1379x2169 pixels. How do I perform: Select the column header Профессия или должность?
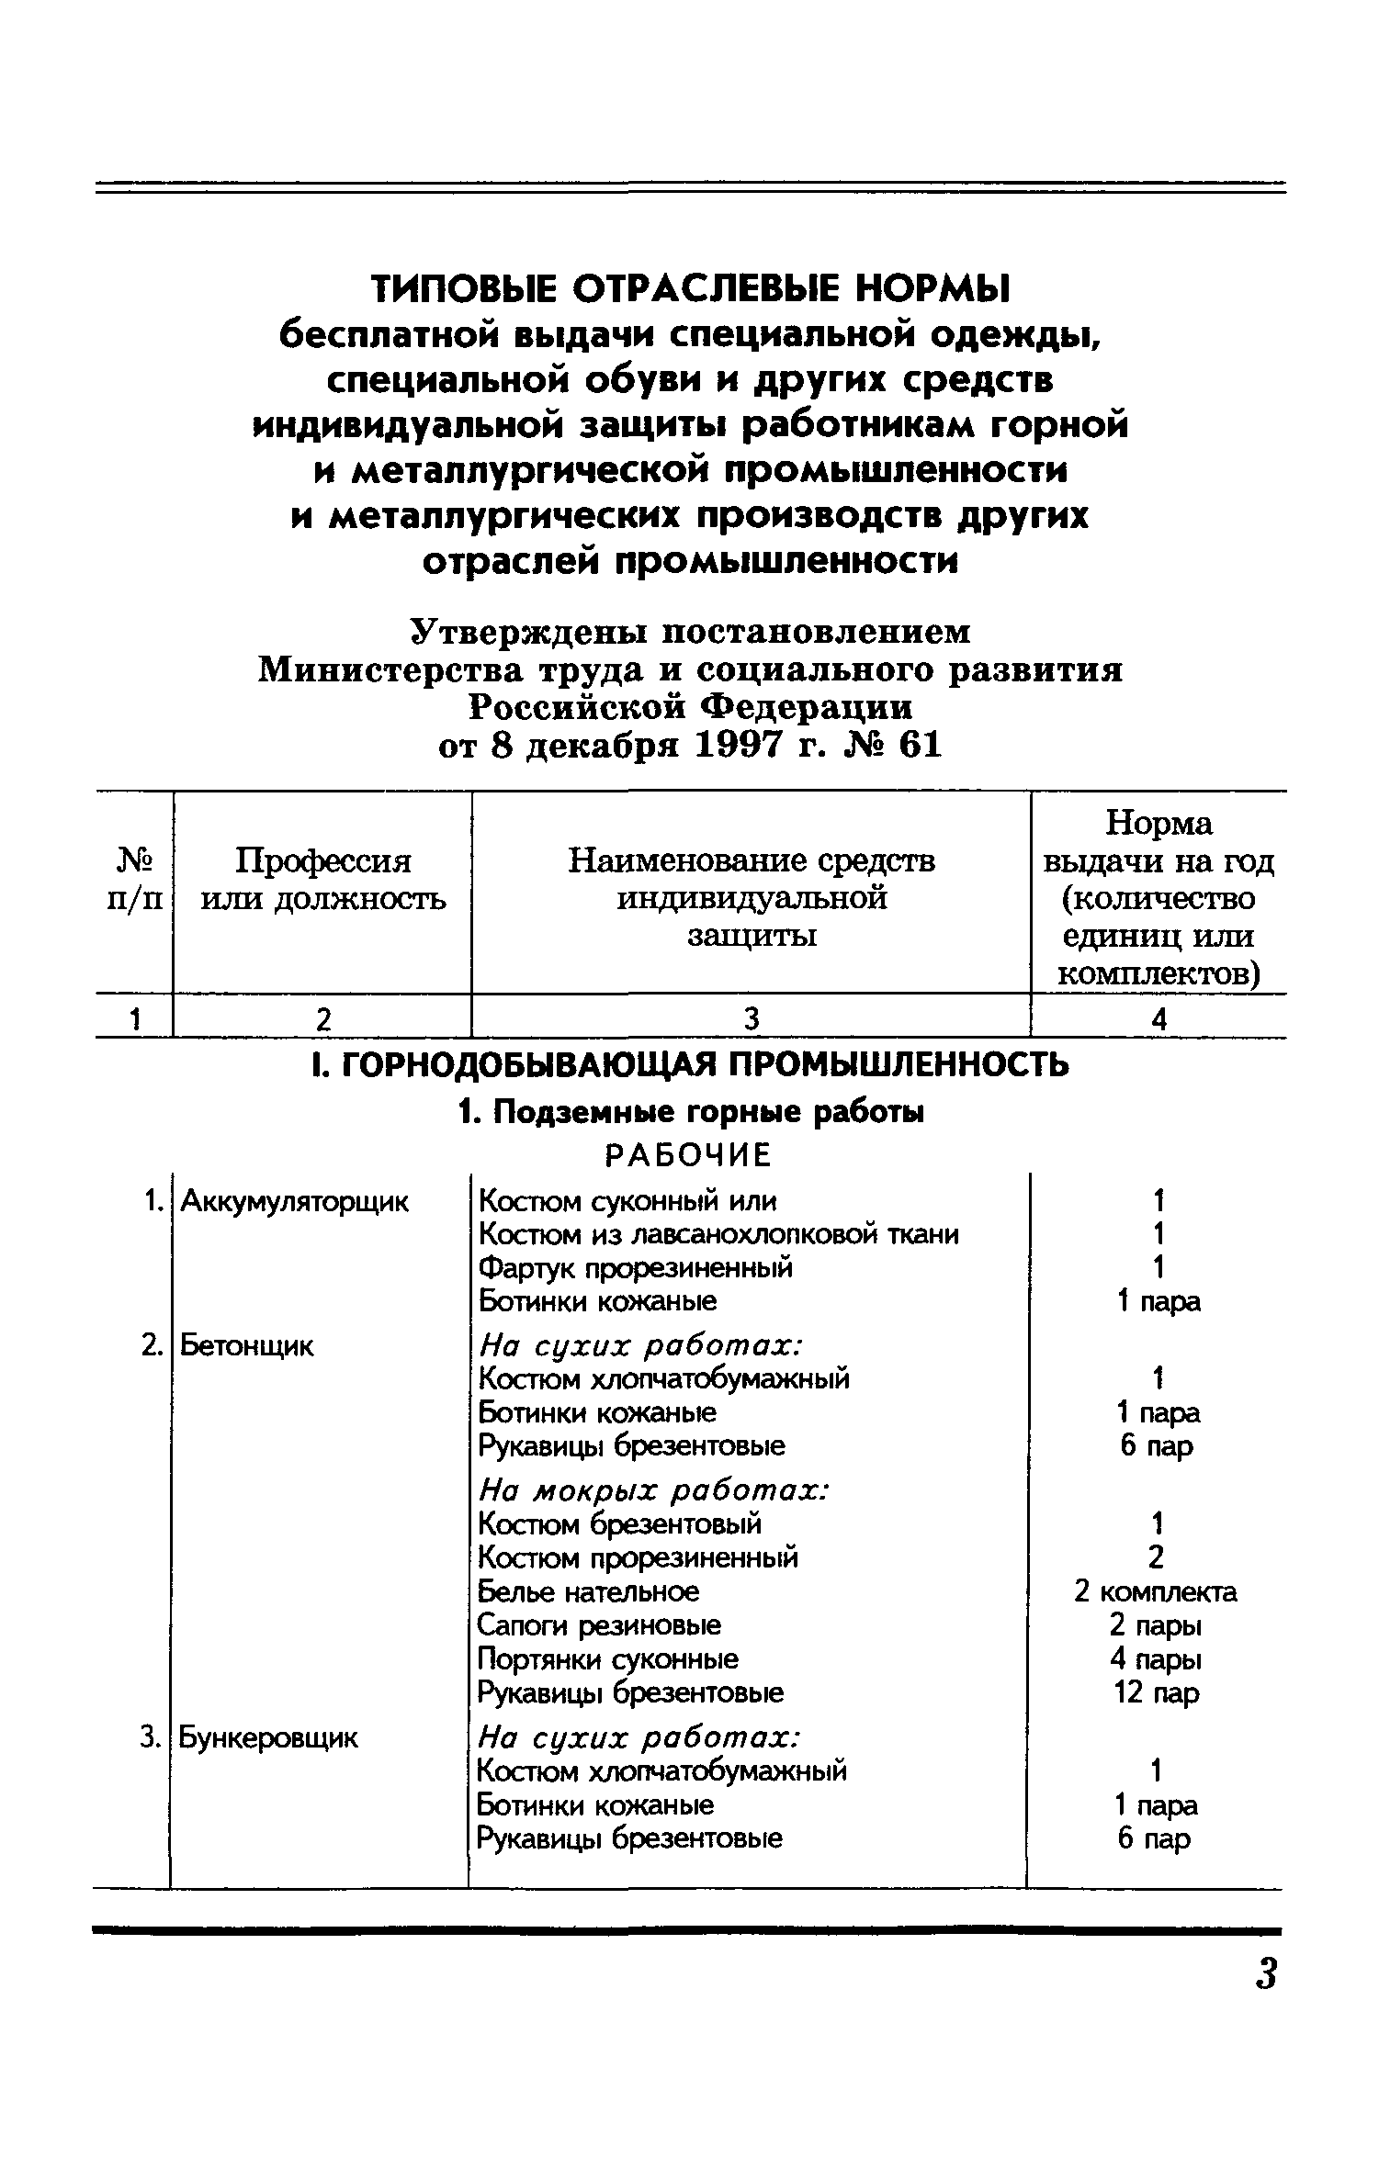tap(322, 879)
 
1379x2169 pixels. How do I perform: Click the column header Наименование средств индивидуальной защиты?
tap(752, 897)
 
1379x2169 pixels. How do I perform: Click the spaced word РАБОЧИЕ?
tap(689, 1155)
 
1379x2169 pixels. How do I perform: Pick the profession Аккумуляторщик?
tap(294, 1201)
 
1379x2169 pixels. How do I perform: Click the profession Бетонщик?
tap(246, 1346)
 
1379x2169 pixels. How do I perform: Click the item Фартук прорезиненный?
tap(636, 1268)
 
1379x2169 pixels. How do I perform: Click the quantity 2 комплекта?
tap(1155, 1591)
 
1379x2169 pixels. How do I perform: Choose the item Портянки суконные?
tap(607, 1659)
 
